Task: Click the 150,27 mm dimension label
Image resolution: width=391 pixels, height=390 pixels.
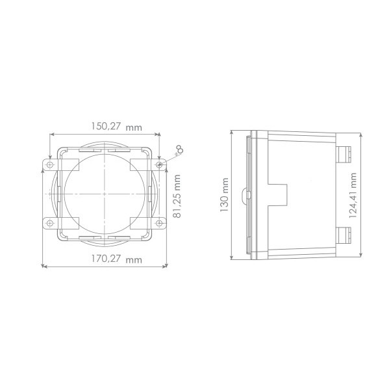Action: pos(116,127)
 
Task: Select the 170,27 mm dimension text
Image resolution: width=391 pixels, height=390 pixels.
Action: pos(116,259)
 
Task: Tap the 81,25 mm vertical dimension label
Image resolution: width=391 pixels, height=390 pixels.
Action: pos(177,196)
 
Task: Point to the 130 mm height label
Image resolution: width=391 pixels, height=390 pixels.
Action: pos(225,195)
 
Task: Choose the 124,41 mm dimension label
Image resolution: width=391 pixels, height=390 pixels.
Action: pos(353,196)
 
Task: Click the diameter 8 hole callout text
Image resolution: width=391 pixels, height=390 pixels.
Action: pos(179,150)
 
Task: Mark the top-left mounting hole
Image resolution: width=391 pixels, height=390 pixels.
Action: pos(50,164)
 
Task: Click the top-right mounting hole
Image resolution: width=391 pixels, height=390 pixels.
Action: pos(159,164)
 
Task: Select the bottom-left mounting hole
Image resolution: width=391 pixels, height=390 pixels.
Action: pos(50,223)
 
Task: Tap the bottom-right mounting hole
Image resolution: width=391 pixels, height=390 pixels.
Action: pos(159,223)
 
